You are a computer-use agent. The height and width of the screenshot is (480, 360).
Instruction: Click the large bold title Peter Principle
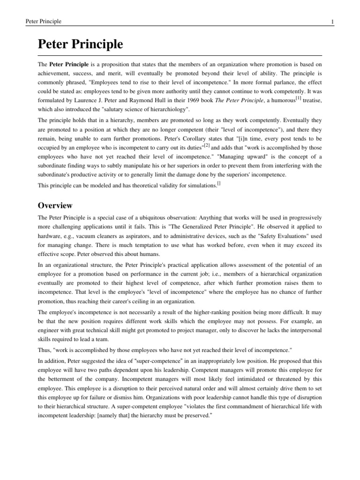[x=80, y=45]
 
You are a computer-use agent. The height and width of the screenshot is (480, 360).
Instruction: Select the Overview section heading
[x=55, y=205]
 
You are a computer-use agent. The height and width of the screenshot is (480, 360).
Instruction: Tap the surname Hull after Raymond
[x=177, y=101]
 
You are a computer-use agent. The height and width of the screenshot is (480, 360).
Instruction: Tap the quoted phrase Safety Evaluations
[x=292, y=237]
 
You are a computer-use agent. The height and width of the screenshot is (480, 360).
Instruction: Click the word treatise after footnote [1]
[x=300, y=101]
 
